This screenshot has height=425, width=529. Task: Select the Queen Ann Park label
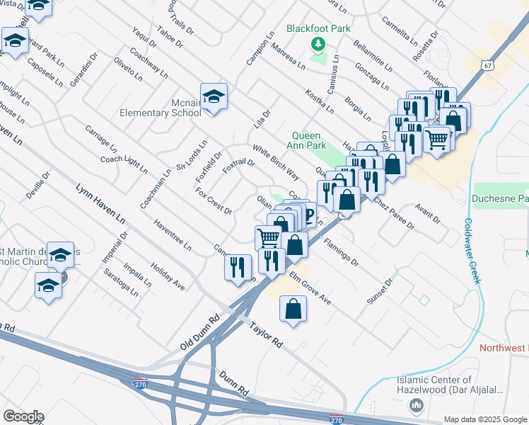(306, 140)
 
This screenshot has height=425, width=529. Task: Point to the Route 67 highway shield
(487, 65)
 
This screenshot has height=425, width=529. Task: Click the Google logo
(23, 416)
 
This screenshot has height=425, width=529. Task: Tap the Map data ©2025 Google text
(484, 419)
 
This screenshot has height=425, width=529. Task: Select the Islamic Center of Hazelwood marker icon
(416, 405)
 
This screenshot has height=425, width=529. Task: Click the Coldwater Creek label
(472, 251)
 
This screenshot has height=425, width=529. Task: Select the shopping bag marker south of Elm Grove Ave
(293, 310)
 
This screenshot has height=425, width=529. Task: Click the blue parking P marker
(308, 213)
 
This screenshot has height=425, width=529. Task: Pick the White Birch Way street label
(276, 161)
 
